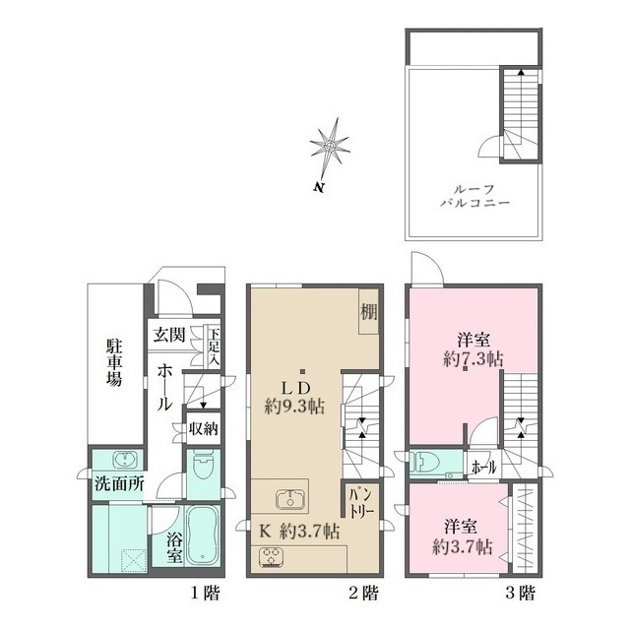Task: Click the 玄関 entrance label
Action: click(167, 335)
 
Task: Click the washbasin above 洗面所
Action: click(125, 461)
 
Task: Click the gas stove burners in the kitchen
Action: click(271, 556)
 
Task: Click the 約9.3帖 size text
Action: click(295, 404)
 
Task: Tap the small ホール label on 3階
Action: click(483, 466)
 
